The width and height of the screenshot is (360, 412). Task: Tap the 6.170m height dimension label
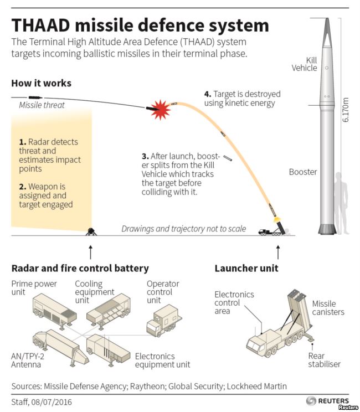point(345,110)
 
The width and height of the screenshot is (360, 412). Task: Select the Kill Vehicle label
point(304,64)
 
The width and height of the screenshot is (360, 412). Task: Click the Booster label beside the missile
point(303,172)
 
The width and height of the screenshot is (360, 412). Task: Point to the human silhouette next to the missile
point(342,203)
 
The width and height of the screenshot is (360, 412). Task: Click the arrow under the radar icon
point(91,252)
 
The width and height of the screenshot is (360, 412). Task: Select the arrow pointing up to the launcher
point(278,252)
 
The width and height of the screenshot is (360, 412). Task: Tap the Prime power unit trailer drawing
point(55,311)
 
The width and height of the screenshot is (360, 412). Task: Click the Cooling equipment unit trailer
point(109,312)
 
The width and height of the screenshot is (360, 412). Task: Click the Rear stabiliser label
point(324,360)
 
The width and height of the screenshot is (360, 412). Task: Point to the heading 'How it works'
point(41,83)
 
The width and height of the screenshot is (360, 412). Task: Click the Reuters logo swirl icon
point(311,401)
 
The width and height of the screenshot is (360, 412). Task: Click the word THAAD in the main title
point(40,25)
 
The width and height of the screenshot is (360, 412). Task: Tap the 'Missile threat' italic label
point(42,105)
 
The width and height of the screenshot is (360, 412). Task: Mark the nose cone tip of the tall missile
point(327,18)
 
